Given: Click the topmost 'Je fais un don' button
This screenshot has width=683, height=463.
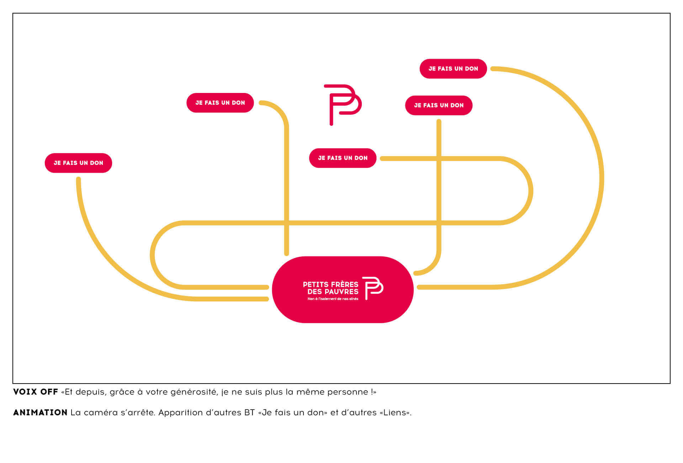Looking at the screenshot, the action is pos(453,69).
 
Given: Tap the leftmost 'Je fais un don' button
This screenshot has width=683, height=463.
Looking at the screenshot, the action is pos(78,163).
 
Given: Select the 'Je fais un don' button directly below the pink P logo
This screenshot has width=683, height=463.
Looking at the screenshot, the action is pos(343,158).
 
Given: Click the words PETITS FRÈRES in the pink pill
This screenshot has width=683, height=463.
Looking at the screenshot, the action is pos(330,285).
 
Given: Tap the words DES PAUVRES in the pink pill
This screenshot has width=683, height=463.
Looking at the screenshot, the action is pos(333,292).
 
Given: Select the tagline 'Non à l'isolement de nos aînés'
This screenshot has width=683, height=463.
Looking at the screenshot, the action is pos(333,299).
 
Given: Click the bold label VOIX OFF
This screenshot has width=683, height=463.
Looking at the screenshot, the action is pos(36,392).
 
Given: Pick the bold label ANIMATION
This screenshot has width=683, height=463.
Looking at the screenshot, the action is pos(40,413).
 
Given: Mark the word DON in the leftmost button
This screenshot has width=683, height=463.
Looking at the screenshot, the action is pos(96,163).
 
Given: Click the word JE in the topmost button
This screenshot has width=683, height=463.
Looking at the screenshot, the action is pos(432,69).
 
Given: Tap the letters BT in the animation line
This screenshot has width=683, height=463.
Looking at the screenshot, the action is pos(249,413).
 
